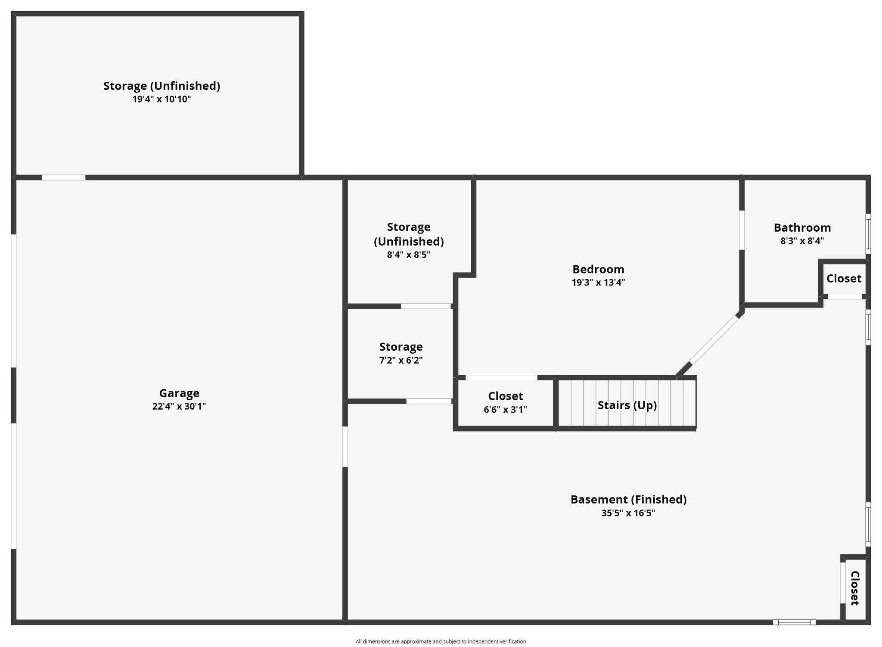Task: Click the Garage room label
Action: pyautogui.click(x=179, y=393)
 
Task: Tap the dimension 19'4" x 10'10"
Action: pyautogui.click(x=161, y=99)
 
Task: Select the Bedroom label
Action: pyautogui.click(x=598, y=269)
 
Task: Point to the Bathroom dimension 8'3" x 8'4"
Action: pyautogui.click(x=802, y=241)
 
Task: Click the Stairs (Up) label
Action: pyautogui.click(x=627, y=405)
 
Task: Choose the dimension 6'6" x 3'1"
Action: pyautogui.click(x=505, y=410)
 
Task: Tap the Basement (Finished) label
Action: pyautogui.click(x=628, y=500)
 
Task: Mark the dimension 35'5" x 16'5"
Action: pyautogui.click(x=628, y=513)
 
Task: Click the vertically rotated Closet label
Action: pyautogui.click(x=855, y=588)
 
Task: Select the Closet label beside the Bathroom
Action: pyautogui.click(x=844, y=279)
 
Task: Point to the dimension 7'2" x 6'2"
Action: pyautogui.click(x=401, y=361)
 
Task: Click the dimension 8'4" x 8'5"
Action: pyautogui.click(x=408, y=255)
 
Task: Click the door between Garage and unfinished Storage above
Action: pyautogui.click(x=63, y=177)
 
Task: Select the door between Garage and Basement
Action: pyautogui.click(x=345, y=447)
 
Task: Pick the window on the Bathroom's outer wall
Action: pyautogui.click(x=868, y=234)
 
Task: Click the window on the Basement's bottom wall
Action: pyautogui.click(x=794, y=622)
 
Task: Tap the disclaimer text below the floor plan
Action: pyautogui.click(x=441, y=641)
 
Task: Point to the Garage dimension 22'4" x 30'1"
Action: pyautogui.click(x=179, y=407)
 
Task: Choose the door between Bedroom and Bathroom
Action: pyautogui.click(x=742, y=230)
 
